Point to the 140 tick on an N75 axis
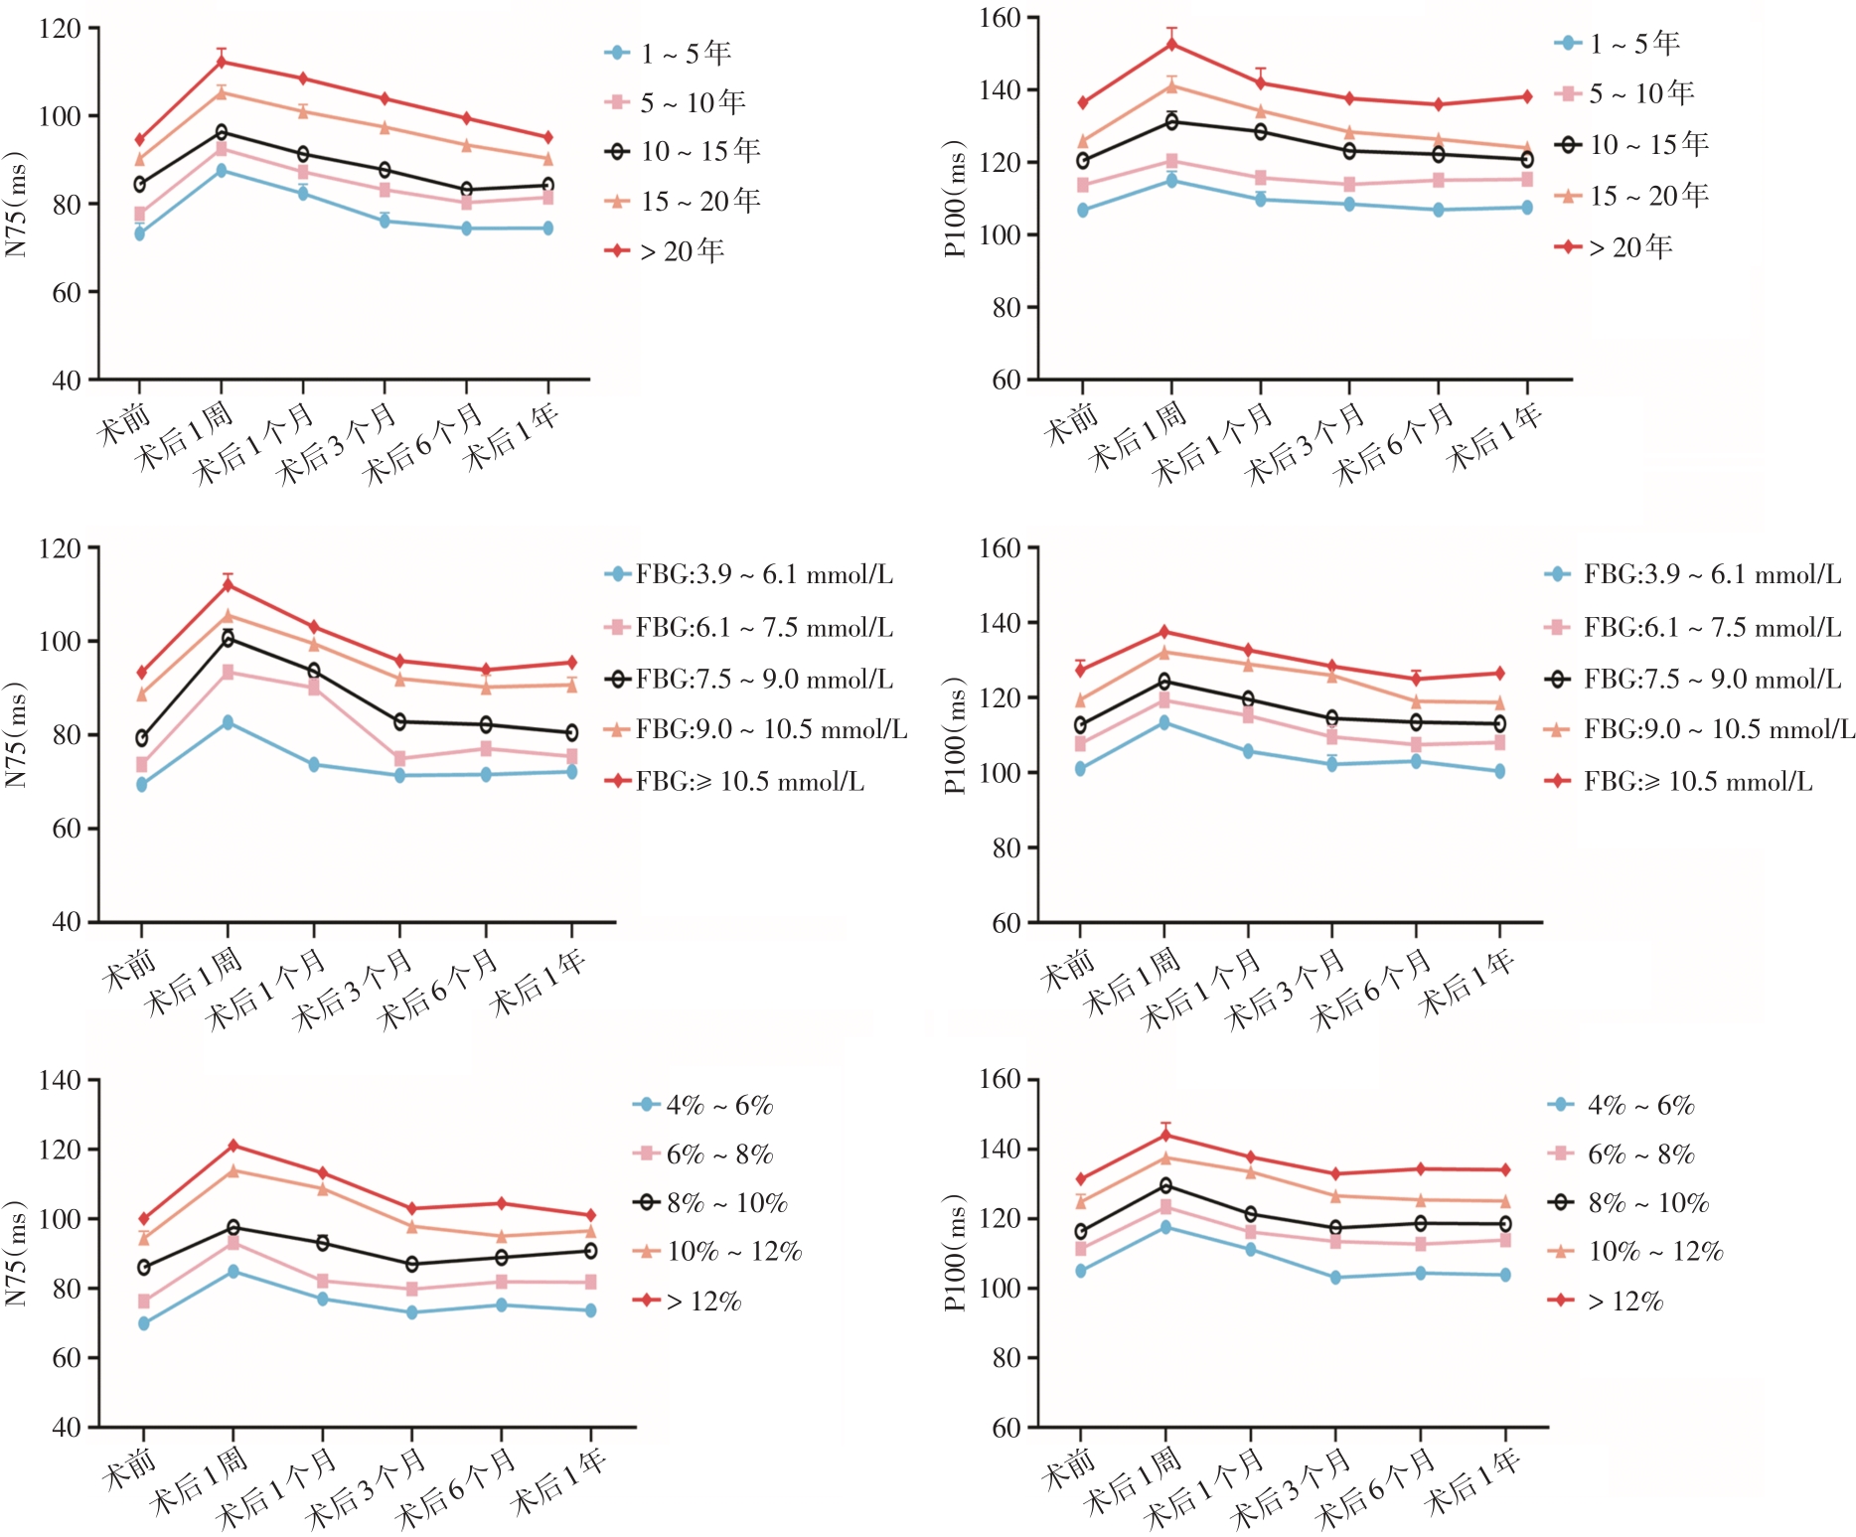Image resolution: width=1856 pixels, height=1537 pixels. tap(60, 1081)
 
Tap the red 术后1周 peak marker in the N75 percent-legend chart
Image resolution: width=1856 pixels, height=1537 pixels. tap(233, 1146)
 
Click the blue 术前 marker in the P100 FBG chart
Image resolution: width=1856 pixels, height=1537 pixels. tap(1080, 769)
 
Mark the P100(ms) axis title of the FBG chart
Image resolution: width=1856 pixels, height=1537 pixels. tap(955, 735)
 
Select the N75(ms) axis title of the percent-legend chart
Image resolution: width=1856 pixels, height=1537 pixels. tap(15, 1254)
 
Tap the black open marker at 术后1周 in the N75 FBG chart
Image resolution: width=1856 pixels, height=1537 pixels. tap(228, 638)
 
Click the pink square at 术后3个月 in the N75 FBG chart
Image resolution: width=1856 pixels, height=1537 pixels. tap(399, 759)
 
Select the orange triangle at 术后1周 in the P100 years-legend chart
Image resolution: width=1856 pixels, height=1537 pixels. tap(1171, 85)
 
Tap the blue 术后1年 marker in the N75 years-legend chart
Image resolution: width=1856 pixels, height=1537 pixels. tap(547, 229)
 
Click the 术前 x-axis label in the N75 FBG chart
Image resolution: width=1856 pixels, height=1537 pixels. tap(129, 970)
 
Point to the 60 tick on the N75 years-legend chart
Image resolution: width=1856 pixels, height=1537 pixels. tap(67, 292)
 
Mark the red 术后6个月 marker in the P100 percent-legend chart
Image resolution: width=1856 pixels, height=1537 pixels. tap(1420, 1169)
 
